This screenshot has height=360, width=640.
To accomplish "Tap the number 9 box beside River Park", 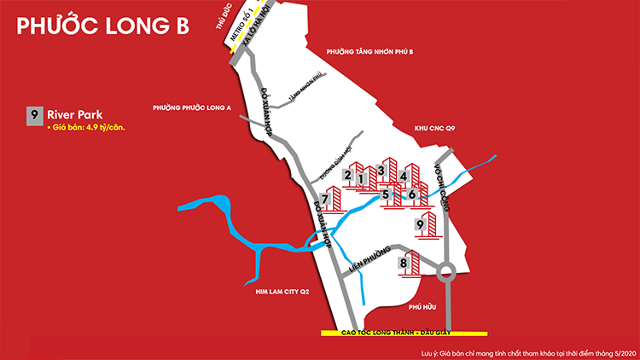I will click(34, 114).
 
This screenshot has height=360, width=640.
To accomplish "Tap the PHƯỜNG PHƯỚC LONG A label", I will click(192, 108).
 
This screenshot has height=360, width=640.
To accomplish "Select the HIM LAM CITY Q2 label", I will click(282, 292).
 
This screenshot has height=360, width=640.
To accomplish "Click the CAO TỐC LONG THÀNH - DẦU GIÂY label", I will click(403, 333).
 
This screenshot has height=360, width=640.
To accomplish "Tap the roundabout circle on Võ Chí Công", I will click(446, 275).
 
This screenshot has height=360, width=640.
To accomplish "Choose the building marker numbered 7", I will click(325, 200).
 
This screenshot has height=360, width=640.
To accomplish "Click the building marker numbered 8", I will click(404, 264).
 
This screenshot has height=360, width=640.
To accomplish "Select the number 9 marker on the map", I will click(419, 224).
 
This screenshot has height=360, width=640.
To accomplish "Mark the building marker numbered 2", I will click(347, 175).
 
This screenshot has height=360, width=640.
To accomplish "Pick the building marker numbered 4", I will click(402, 177).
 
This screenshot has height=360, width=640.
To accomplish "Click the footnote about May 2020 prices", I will click(529, 351).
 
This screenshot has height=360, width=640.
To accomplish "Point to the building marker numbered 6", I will click(412, 195).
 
